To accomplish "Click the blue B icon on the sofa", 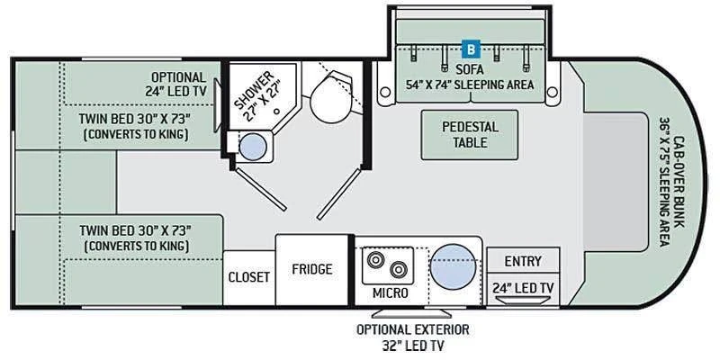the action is coord(471,49).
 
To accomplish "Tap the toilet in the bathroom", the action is coord(329,98).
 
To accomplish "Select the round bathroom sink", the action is coord(253,147).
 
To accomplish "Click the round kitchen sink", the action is coord(454,266).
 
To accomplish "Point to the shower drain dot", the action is coord(277,111).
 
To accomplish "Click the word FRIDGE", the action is coord(311,269).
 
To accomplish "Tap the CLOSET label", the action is coord(249,277).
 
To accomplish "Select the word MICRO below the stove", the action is coord(390,293).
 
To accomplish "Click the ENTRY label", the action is coord(523,261).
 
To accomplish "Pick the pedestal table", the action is coord(469,135).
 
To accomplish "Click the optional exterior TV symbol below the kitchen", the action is coord(411,313).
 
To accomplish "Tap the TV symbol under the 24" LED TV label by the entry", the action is coord(523,301).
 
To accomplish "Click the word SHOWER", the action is coord(254,90).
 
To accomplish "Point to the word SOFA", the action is coord(470,70).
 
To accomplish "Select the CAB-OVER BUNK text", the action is coord(679,182).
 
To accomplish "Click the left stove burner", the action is coord(375,259).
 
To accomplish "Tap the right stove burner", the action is coord(398,269).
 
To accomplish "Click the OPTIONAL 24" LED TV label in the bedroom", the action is coord(176,85).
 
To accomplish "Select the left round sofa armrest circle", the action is coord(385,93).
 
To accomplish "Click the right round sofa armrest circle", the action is coord(553,93).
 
